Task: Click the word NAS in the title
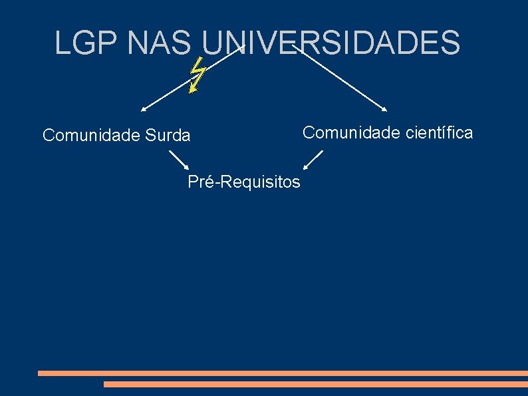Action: [158, 43]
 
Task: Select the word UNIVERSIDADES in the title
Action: [330, 43]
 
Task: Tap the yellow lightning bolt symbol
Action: [196, 74]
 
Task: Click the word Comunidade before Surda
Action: [90, 136]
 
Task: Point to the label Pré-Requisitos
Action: [244, 182]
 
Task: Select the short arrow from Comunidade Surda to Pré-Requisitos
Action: [178, 160]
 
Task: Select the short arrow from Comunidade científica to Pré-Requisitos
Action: [313, 160]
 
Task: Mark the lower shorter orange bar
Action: [315, 384]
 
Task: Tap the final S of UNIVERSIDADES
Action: [451, 43]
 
